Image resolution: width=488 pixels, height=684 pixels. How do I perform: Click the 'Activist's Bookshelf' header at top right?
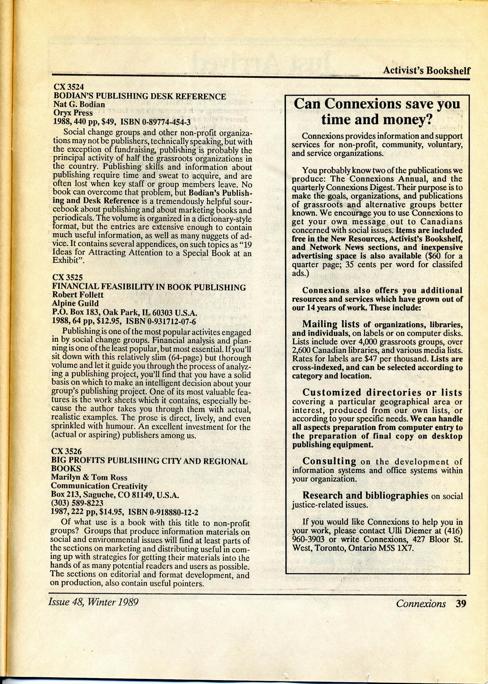426,70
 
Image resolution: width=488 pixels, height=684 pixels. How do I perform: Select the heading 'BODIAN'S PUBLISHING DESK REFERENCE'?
139,96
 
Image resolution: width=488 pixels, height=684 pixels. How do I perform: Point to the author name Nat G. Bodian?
79,104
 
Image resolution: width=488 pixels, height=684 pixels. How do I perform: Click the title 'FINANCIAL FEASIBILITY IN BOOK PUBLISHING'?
149,287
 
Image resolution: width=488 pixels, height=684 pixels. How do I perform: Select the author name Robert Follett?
77,295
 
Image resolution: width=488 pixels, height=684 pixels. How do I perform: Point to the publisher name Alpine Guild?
75,303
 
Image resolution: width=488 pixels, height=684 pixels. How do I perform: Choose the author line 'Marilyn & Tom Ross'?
89,477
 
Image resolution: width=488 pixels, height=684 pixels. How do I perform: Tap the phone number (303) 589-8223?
77,503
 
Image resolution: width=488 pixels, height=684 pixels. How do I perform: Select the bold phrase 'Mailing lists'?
331,324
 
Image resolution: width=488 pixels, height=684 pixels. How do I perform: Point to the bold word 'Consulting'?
329,461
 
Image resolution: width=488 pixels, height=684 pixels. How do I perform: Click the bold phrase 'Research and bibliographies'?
365,495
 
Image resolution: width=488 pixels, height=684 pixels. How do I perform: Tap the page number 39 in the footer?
461,604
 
